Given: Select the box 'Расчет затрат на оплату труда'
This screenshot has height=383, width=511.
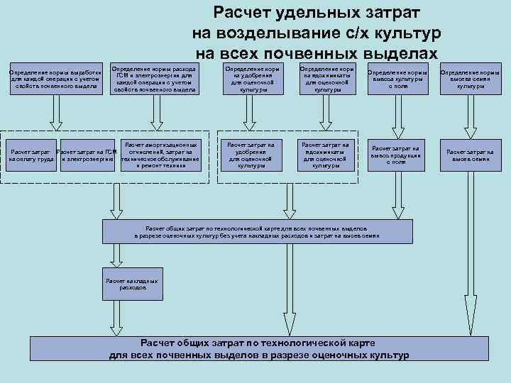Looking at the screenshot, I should point(30,155).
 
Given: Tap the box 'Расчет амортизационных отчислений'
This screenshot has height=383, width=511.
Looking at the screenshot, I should point(160,155).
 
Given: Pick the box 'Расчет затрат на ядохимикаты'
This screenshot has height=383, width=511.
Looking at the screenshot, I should point(326,155).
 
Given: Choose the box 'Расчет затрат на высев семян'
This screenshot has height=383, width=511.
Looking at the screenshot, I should point(470,155).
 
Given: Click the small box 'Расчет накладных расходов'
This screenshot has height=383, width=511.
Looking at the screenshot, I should point(132,284).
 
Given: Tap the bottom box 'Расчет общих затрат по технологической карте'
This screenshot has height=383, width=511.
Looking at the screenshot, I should point(260,349).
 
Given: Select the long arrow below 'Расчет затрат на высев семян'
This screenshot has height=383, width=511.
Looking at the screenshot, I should point(470,248).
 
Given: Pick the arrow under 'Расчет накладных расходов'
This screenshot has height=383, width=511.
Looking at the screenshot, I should point(132,316).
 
